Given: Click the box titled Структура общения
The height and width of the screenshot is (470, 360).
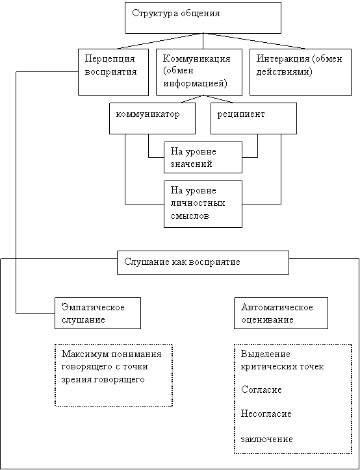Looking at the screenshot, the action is (203, 18).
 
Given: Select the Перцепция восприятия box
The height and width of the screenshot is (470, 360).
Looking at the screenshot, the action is (114, 72).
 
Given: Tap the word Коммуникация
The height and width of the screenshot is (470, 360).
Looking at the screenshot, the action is (196, 58).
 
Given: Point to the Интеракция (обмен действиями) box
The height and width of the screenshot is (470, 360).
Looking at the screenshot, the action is (301, 72).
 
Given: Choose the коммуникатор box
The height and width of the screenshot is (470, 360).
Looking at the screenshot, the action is (153, 118).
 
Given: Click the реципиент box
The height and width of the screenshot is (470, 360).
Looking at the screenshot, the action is (254, 118).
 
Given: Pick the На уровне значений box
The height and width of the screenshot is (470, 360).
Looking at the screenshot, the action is (203, 157).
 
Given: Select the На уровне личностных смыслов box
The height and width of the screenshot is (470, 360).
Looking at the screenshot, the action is (203, 204).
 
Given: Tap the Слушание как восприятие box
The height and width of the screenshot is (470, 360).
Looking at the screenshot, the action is (203, 262).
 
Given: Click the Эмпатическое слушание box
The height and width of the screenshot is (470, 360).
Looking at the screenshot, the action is (98, 314).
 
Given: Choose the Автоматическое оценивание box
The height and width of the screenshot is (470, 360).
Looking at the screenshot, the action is (281, 314).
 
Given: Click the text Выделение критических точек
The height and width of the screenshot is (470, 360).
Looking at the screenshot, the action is (283, 360).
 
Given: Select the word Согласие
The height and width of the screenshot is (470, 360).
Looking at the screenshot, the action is (261, 390).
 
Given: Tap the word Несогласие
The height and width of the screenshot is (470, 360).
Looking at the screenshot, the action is (266, 414).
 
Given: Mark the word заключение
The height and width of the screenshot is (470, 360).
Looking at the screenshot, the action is (266, 439).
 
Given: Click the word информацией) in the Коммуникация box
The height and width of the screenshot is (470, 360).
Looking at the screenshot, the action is (195, 82).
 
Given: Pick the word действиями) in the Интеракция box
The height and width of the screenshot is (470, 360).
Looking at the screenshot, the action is (285, 72).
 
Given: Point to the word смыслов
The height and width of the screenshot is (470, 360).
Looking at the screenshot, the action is (190, 216).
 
